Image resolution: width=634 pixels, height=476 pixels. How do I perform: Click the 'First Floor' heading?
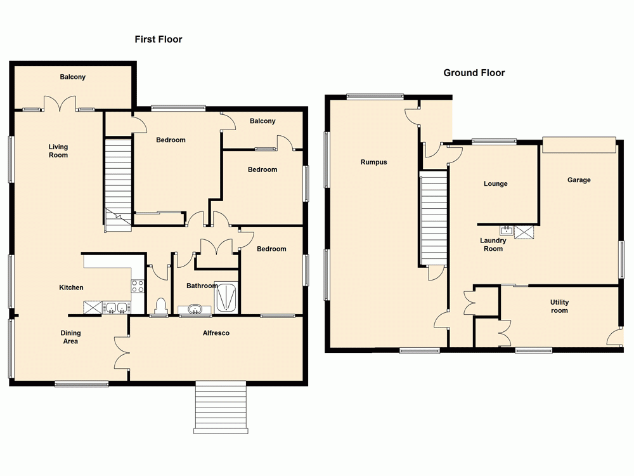tap(158, 39)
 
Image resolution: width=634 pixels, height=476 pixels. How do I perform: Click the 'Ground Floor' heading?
tap(474, 73)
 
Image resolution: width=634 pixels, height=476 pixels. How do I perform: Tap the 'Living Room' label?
tap(58, 151)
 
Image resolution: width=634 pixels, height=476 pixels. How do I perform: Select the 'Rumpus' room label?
tap(373, 162)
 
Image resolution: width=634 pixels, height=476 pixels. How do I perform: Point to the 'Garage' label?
tap(579, 180)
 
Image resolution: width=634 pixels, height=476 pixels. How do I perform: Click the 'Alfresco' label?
tap(216, 333)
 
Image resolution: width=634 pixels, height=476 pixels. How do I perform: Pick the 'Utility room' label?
tap(559, 307)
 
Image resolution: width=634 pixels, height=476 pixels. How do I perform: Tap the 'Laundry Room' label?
tap(493, 245)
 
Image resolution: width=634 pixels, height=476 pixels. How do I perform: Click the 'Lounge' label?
tap(495, 184)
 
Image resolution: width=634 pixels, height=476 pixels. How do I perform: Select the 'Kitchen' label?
tap(71, 288)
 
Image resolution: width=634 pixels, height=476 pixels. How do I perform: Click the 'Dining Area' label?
tap(70, 337)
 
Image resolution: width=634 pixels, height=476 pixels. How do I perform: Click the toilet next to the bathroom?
tap(160, 307)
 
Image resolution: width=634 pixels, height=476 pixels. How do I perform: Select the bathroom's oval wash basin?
tap(196, 310)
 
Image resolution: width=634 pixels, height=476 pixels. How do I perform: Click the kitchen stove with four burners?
tap(138, 286)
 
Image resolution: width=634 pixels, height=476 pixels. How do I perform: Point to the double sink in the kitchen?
tap(115, 308)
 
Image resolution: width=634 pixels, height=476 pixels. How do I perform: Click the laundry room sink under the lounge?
tap(507, 230)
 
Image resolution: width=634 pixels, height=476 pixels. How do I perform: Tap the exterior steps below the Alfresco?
tap(220, 407)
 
